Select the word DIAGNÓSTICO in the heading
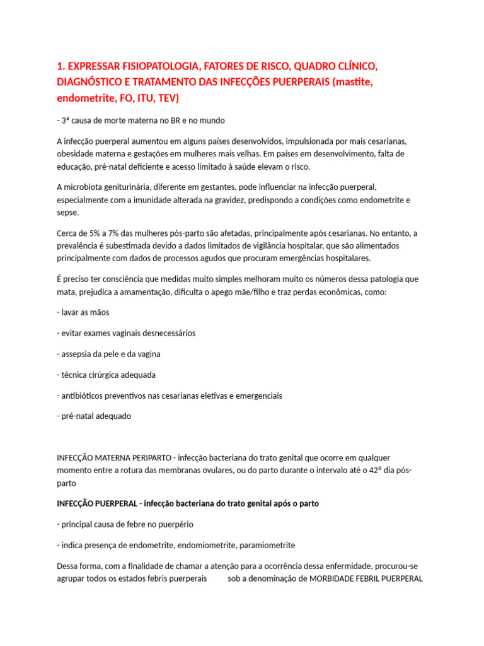coord(90,83)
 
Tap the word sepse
coord(68,213)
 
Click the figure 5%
coord(96,233)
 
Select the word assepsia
coord(78,354)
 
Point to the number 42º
coord(372,471)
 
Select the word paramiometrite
coord(268,545)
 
